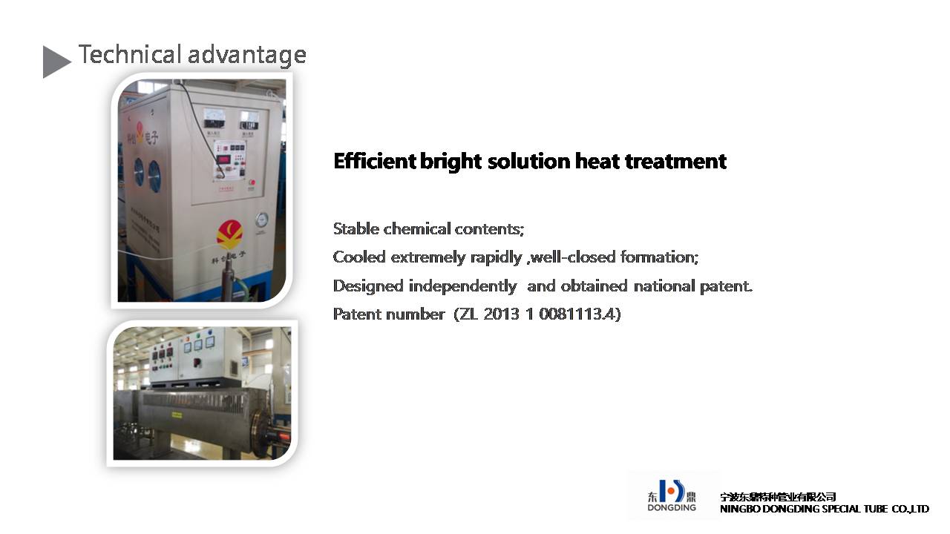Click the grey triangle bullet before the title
(x=55, y=62)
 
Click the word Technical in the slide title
(x=130, y=55)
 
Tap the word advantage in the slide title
(x=247, y=56)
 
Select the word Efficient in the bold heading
(x=375, y=161)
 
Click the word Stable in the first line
(x=356, y=229)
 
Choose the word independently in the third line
(x=462, y=286)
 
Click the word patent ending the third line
(x=726, y=286)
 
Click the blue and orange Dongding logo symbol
(x=672, y=491)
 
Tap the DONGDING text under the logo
(x=672, y=507)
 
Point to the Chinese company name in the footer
(x=778, y=497)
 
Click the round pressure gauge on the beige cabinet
(x=262, y=220)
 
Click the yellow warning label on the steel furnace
(x=176, y=415)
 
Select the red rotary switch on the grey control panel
(x=197, y=363)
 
